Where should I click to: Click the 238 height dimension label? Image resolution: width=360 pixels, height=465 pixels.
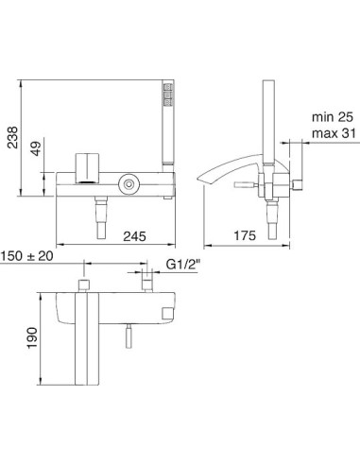click(x=13, y=137)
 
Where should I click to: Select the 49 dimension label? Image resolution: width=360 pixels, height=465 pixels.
click(x=36, y=148)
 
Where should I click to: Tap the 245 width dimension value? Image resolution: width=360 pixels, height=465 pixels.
click(x=134, y=236)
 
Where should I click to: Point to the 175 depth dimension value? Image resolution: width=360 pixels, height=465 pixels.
click(x=245, y=235)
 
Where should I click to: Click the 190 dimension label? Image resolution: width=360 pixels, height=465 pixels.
click(x=32, y=337)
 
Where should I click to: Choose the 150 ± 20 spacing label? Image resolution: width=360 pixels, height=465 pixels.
click(x=26, y=256)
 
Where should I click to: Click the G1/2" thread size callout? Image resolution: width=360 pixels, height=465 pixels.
click(x=183, y=265)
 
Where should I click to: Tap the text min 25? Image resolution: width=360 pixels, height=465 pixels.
click(x=333, y=117)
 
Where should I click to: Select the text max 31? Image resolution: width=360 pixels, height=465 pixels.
click(x=334, y=133)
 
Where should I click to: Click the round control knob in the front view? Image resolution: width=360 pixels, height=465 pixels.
click(x=129, y=183)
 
